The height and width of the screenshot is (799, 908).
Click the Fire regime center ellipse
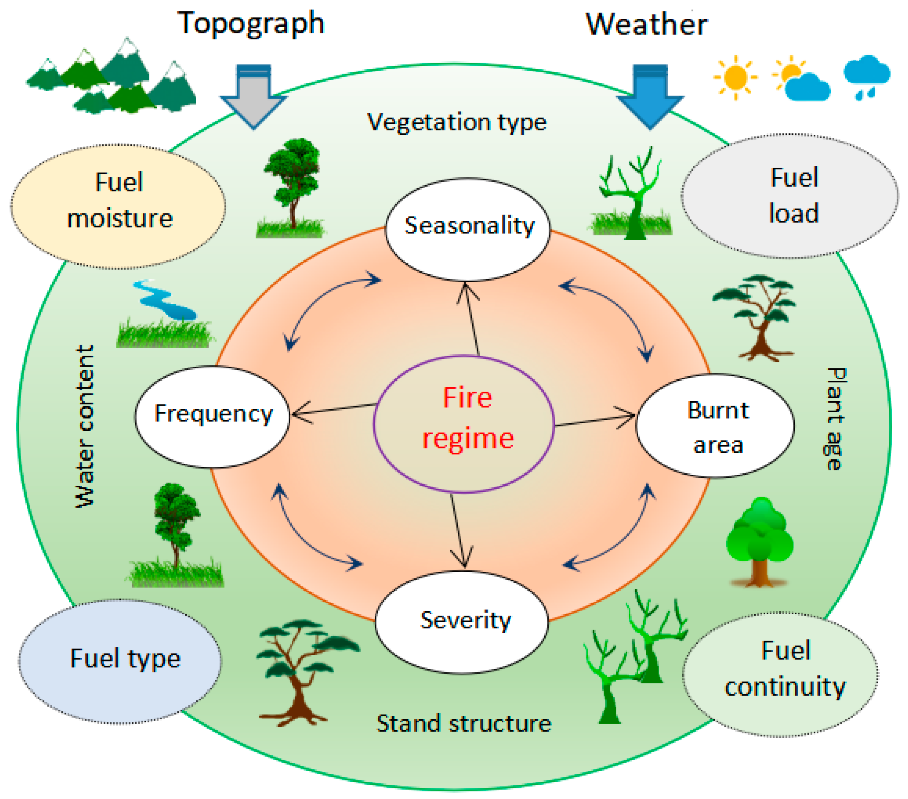[x=464, y=424]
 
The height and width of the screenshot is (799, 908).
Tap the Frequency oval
[x=213, y=416]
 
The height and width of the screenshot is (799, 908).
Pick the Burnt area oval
[x=715, y=426]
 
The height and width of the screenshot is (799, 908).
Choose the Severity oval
[x=462, y=621]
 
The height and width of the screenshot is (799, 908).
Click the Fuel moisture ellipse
[x=118, y=206]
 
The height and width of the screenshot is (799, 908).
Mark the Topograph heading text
[x=251, y=23]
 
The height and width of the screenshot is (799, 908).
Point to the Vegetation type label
[x=457, y=122]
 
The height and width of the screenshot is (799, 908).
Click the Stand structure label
[x=464, y=724]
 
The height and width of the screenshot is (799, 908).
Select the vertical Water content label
[x=85, y=426]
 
